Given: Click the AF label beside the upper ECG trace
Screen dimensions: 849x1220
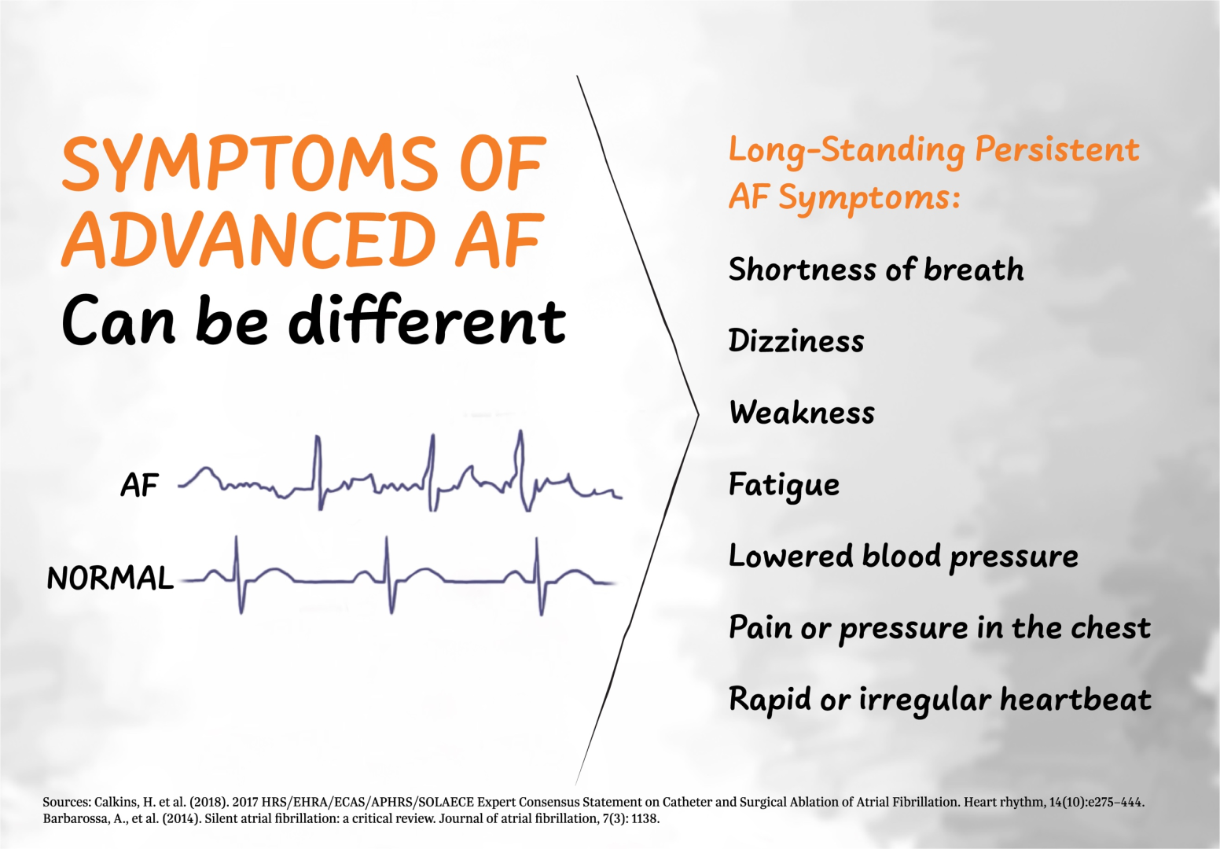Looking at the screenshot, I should pyautogui.click(x=140, y=486).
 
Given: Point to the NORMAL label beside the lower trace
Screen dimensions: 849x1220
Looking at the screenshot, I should pyautogui.click(x=110, y=579).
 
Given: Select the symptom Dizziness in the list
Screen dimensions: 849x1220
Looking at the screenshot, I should pyautogui.click(x=796, y=341).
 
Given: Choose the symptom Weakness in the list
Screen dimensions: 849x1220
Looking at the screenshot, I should pyautogui.click(x=802, y=413).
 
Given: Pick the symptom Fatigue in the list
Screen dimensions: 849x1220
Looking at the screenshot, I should pyautogui.click(x=784, y=485).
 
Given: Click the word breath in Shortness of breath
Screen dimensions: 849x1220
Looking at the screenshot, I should pyautogui.click(x=974, y=270).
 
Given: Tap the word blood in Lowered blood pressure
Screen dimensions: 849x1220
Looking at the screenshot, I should pyautogui.click(x=902, y=556).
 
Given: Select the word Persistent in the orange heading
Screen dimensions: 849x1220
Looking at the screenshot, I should pyautogui.click(x=1056, y=149).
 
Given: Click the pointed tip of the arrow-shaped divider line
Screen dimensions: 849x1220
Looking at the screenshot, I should pyautogui.click(x=697, y=414).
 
